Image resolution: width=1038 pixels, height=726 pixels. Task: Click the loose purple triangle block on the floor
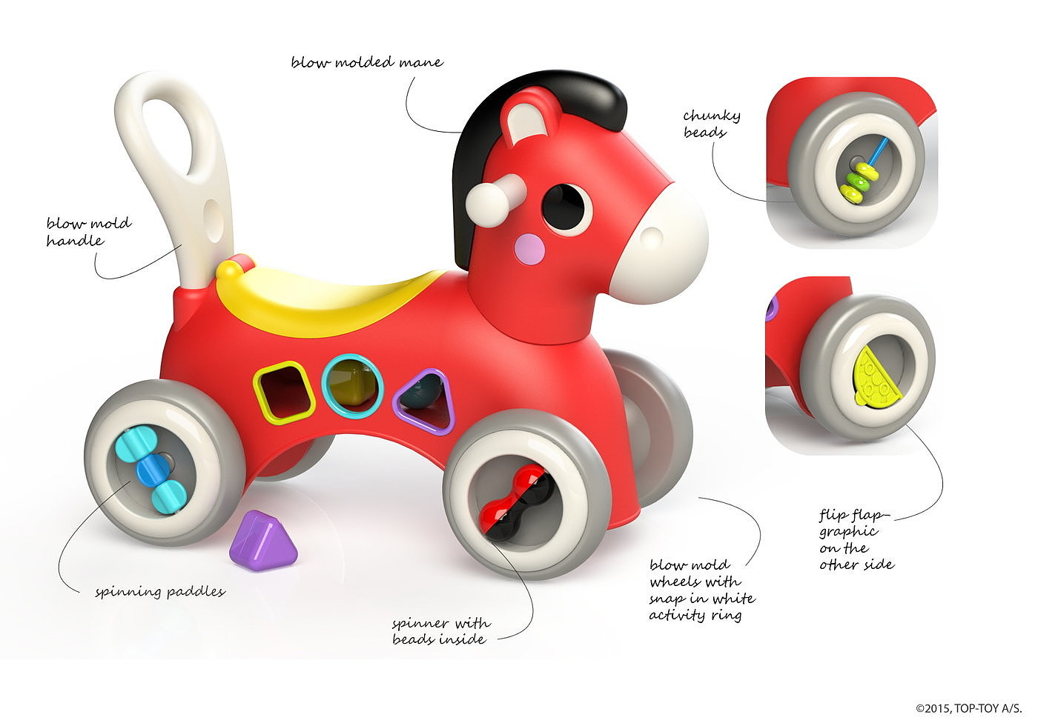[262, 542]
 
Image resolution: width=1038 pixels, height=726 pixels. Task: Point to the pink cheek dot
[529, 249]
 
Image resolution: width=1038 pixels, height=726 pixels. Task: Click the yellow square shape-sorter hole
[283, 392]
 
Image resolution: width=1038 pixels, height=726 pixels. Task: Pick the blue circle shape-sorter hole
[352, 386]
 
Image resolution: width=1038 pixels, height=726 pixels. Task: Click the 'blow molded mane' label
[367, 62]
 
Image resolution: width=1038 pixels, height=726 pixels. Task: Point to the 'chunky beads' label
[711, 124]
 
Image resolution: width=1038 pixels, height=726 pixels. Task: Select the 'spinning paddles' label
[160, 592]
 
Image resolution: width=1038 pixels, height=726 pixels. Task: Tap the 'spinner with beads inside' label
[440, 631]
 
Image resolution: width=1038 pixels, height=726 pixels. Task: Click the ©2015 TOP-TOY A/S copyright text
[968, 708]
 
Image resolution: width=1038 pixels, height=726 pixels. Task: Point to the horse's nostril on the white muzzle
[652, 237]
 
